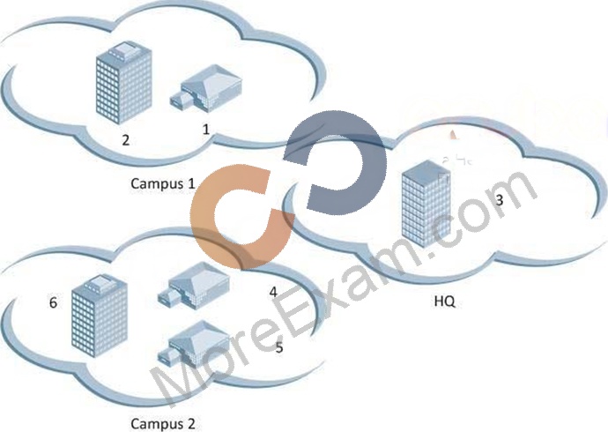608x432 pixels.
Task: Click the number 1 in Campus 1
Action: point(206,129)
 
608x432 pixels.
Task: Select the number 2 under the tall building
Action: point(125,140)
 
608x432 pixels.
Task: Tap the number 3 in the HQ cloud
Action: point(500,200)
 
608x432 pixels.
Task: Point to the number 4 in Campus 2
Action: point(273,292)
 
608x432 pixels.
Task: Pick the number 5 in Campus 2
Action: point(278,347)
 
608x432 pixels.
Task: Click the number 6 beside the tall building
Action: point(53,302)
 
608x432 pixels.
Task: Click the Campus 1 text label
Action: point(162,183)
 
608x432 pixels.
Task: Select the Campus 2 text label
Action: point(163,423)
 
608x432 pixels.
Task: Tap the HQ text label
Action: point(444,301)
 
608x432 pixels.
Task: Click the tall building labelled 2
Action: point(123,83)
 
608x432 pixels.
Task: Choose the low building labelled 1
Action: point(206,89)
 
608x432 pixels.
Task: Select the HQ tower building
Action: point(426,204)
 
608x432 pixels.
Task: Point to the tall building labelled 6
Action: point(100,316)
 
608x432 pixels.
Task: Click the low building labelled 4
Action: point(194,286)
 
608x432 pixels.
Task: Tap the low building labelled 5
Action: point(194,343)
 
